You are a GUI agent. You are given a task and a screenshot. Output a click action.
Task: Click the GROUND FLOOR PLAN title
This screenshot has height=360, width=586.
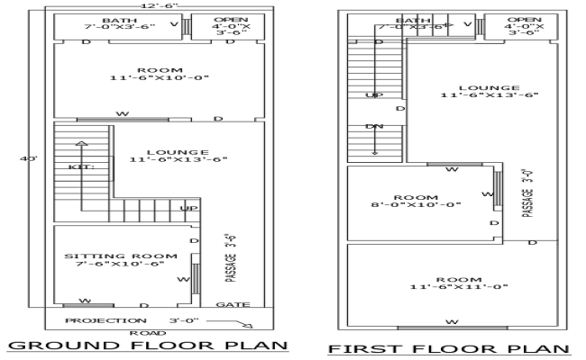(x=147, y=346)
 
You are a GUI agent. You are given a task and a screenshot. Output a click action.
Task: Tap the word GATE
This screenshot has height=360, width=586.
(x=227, y=305)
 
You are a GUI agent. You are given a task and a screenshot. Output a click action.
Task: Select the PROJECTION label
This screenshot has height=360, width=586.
(x=98, y=320)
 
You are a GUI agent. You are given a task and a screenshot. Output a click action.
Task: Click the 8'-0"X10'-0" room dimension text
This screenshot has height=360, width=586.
(x=415, y=205)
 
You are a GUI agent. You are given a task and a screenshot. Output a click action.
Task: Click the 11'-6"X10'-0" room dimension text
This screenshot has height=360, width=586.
(x=160, y=78)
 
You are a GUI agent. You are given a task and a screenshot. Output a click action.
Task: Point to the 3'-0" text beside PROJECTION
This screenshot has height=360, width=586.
(x=183, y=320)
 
